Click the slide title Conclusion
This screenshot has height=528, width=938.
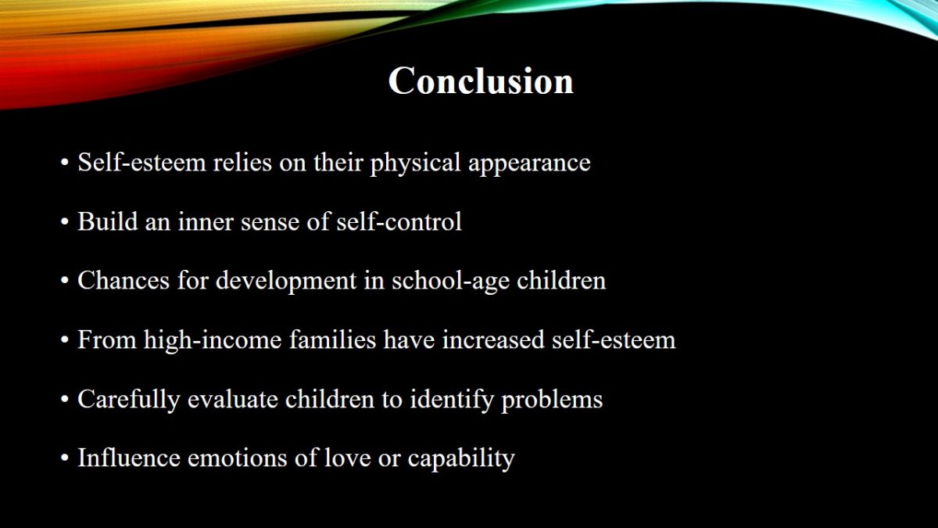[481, 81]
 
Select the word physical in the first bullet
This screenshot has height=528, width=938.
[415, 163]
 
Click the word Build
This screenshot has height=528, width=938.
[108, 221]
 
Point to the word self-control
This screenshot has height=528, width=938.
[399, 221]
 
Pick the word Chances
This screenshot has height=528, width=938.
[124, 280]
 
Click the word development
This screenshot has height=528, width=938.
[286, 281]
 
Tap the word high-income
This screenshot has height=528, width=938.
[213, 339]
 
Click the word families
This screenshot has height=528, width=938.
[332, 339]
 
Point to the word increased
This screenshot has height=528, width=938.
[493, 339]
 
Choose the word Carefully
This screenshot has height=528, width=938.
[128, 400]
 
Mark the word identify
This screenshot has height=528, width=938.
[452, 400]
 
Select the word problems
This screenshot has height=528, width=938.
[552, 400]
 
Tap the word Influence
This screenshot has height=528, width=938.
[129, 457]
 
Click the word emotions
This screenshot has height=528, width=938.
[238, 458]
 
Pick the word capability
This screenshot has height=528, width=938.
[461, 458]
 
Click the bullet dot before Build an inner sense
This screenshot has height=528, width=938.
[64, 222]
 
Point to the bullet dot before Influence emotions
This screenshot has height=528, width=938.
[64, 458]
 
